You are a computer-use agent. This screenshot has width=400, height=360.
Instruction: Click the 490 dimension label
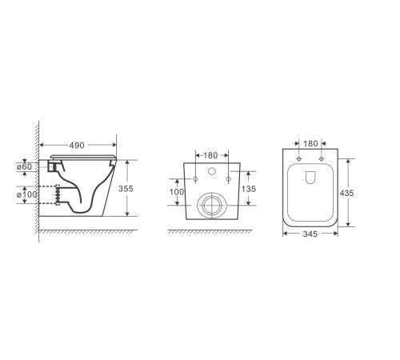click(x=77, y=146)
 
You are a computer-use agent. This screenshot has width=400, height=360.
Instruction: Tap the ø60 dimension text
click(x=24, y=167)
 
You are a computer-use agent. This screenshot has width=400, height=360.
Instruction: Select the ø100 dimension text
click(x=27, y=194)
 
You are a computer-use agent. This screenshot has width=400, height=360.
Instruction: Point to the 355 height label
click(x=126, y=189)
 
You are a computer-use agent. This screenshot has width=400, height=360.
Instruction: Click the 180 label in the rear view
click(x=210, y=155)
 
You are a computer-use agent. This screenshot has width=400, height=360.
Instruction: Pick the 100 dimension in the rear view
click(x=177, y=192)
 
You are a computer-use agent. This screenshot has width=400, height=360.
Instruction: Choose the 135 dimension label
click(x=249, y=189)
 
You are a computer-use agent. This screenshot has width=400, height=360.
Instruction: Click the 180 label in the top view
click(x=310, y=143)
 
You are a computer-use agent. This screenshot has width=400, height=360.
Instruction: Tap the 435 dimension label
click(x=346, y=193)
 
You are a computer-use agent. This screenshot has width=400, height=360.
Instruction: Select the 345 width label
click(x=310, y=234)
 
